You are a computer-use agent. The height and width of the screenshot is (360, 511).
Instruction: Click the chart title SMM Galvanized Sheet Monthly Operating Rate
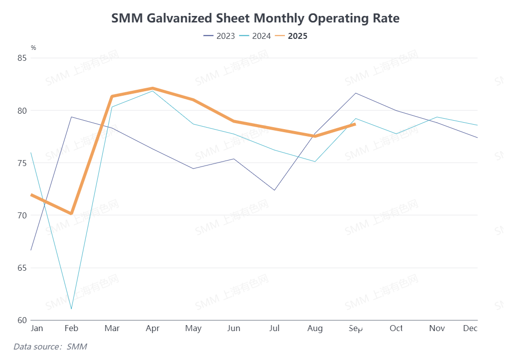(255, 18)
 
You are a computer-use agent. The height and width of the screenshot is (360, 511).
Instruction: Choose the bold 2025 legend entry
(291, 36)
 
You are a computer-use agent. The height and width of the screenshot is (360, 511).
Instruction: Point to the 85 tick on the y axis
(21, 58)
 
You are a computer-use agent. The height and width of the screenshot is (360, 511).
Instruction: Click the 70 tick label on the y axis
(21, 215)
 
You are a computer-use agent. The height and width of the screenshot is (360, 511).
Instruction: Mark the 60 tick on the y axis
(21, 320)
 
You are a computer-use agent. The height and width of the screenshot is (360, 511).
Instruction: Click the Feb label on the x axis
(71, 329)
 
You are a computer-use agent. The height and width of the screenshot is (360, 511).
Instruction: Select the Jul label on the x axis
(274, 329)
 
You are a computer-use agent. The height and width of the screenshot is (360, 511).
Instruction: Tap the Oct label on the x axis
(396, 329)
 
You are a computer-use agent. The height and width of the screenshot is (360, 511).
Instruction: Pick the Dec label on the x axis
(470, 329)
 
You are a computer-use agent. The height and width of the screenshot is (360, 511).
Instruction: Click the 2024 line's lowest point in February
(71, 309)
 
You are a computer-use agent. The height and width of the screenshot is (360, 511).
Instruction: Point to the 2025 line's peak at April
(152, 88)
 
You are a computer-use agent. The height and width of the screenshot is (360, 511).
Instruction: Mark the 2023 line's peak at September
(355, 93)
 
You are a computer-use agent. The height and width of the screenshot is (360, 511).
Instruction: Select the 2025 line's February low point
(71, 213)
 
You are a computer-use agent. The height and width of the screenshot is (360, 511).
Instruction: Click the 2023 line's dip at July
(274, 190)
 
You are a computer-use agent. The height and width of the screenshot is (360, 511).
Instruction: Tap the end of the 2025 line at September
(355, 124)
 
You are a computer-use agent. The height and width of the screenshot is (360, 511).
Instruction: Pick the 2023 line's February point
(71, 117)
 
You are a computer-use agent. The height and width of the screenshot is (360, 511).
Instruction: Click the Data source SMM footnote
(50, 346)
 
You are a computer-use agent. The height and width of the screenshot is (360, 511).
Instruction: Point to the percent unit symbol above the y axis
(33, 48)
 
